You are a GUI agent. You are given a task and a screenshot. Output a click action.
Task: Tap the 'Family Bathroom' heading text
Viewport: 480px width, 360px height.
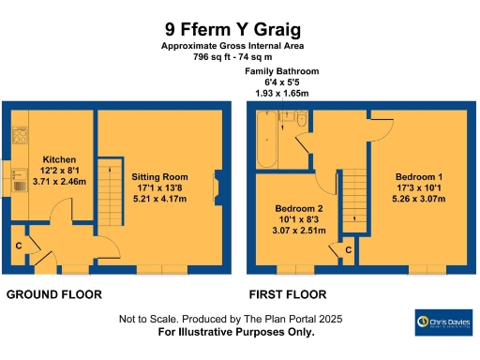tap(281, 72)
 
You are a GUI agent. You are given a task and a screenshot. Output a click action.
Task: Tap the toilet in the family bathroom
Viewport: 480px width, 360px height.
tap(299, 122)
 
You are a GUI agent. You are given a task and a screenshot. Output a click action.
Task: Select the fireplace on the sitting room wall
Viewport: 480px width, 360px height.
tap(217, 185)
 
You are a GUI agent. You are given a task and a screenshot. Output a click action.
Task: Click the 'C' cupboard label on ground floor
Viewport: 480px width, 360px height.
tap(19, 246)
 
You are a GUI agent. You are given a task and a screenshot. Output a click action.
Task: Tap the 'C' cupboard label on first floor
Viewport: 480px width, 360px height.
tap(348, 250)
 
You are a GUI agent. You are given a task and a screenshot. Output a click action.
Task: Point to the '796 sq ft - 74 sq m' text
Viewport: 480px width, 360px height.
tap(239, 56)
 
